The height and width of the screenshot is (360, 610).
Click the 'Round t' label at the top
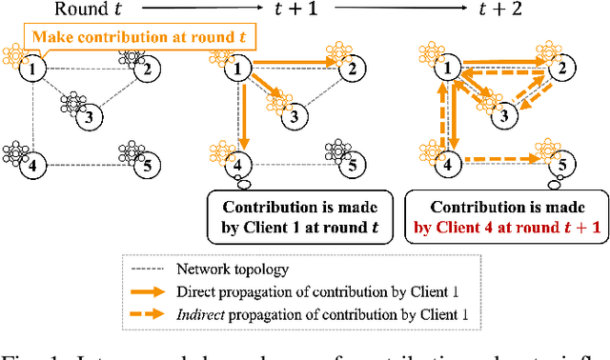(91, 10)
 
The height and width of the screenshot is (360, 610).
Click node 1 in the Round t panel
(34, 69)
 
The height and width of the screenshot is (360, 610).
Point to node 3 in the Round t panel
(88, 118)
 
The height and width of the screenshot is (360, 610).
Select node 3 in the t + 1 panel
(294, 118)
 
